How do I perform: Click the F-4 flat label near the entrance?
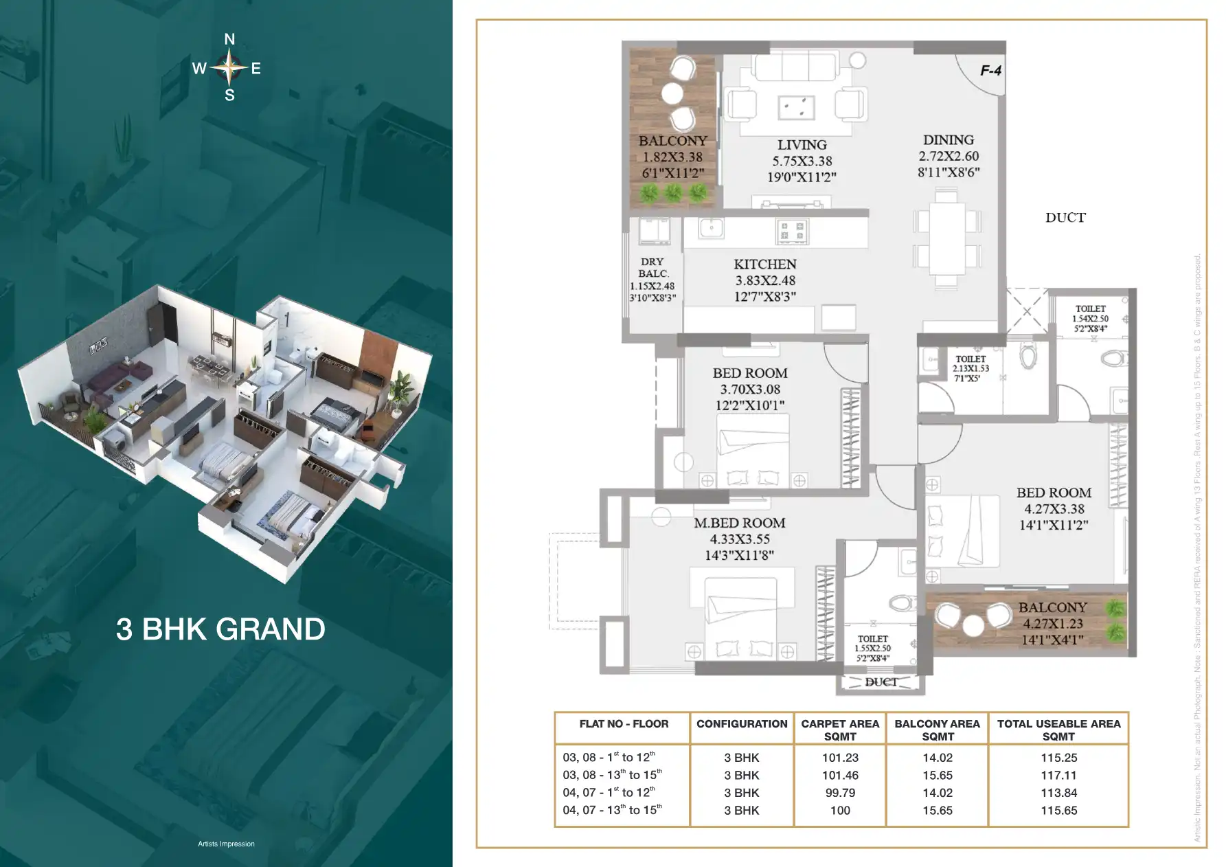tap(990, 70)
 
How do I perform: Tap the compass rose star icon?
tap(229, 67)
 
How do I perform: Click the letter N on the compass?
tap(229, 40)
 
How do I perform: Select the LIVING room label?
tap(802, 145)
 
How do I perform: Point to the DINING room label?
tap(948, 139)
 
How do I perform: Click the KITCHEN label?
tap(764, 264)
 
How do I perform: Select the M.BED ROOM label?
tap(739, 523)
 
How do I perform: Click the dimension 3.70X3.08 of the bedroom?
tap(750, 390)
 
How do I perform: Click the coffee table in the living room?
tap(796, 108)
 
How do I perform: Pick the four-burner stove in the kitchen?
tap(791, 232)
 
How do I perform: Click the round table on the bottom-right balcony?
tap(973, 625)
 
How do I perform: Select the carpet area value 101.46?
tap(839, 775)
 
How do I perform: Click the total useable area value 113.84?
tap(1058, 793)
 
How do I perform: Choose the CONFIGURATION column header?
tap(742, 724)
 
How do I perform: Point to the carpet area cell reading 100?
tap(839, 811)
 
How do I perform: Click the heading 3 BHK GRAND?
tap(220, 629)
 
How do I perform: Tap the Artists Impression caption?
tap(226, 844)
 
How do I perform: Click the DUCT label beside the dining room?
tap(1065, 218)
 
